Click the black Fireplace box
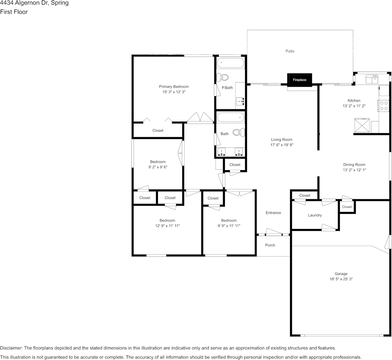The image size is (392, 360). tap(300, 80)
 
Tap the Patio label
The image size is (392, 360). tap(290, 51)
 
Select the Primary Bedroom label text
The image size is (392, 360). tap(174, 86)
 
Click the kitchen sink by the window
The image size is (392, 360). tap(371, 79)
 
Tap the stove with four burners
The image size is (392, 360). tap(384, 105)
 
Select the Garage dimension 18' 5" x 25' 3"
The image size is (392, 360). tap(341, 279)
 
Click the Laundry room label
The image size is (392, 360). tap(315, 215)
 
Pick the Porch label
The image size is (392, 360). tap(270, 245)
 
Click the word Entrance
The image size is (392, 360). tap(273, 213)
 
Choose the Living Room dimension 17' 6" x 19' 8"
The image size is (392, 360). tap(282, 145)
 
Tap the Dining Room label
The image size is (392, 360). tap(354, 165)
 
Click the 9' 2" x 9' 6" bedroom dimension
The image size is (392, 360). tap(158, 167)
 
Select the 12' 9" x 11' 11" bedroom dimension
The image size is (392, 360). tap(167, 226)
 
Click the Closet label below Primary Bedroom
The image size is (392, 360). tap(158, 131)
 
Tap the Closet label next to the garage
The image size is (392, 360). tap(347, 207)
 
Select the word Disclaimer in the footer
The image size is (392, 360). tap(11, 348)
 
